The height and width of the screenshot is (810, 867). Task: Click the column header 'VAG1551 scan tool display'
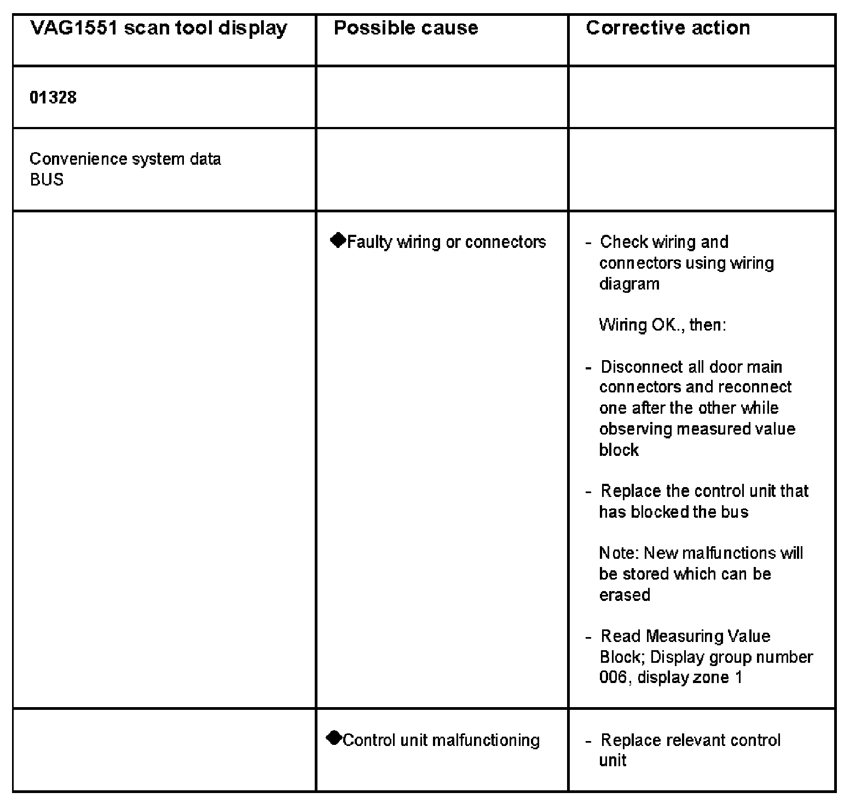(x=158, y=28)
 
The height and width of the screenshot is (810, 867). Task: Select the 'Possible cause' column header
(x=406, y=28)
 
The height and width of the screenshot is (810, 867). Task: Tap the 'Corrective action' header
(x=668, y=28)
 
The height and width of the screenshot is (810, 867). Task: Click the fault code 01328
(x=53, y=97)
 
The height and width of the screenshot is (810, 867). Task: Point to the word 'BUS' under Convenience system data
(x=47, y=180)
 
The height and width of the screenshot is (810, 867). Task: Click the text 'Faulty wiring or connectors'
(x=446, y=242)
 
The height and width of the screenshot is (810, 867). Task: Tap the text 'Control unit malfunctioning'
(x=441, y=740)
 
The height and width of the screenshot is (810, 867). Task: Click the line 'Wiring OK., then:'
(x=662, y=325)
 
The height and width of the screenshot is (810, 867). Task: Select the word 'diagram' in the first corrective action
(x=629, y=283)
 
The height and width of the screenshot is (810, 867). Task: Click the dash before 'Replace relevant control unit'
(x=588, y=741)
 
